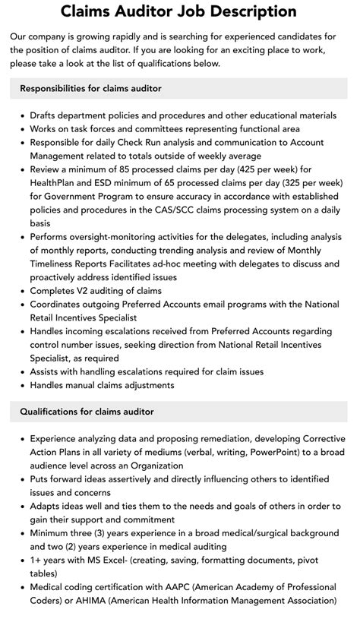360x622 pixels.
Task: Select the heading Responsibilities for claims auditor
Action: click(x=90, y=89)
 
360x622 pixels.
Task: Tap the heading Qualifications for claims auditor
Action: click(x=87, y=412)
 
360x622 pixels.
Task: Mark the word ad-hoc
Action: click(x=197, y=264)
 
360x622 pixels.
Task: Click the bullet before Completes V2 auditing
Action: click(x=21, y=291)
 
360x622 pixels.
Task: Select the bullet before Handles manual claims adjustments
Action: click(x=21, y=385)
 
